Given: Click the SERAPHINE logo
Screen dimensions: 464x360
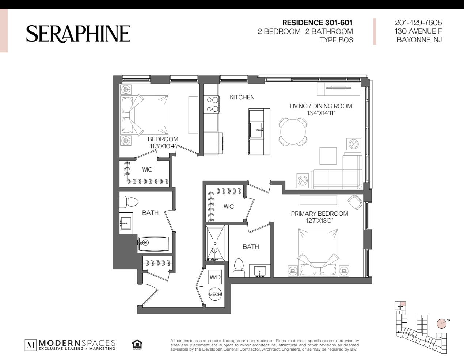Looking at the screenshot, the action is pos(78,34).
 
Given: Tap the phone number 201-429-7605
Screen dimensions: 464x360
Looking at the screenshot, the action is pos(418,23).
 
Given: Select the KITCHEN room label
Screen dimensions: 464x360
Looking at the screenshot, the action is pos(242,97).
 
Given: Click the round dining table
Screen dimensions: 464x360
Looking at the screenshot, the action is pos(293,132).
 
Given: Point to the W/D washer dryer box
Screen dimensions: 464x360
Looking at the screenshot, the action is pos(215,277).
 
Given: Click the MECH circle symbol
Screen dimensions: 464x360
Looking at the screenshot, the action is pos(215,294).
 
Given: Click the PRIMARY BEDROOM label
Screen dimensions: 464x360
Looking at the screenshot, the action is pos(319,214).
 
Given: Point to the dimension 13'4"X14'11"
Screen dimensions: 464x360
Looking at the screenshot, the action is pos(321,113).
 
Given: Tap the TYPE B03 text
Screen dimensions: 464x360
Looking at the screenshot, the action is pos(336,40).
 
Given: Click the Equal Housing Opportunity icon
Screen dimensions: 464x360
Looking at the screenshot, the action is pos(137,345).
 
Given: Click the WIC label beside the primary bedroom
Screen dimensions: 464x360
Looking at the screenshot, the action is pos(228,207).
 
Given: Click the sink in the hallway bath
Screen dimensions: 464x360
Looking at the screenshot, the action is pos(126,223).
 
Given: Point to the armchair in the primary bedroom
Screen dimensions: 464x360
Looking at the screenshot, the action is pos(355,202).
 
